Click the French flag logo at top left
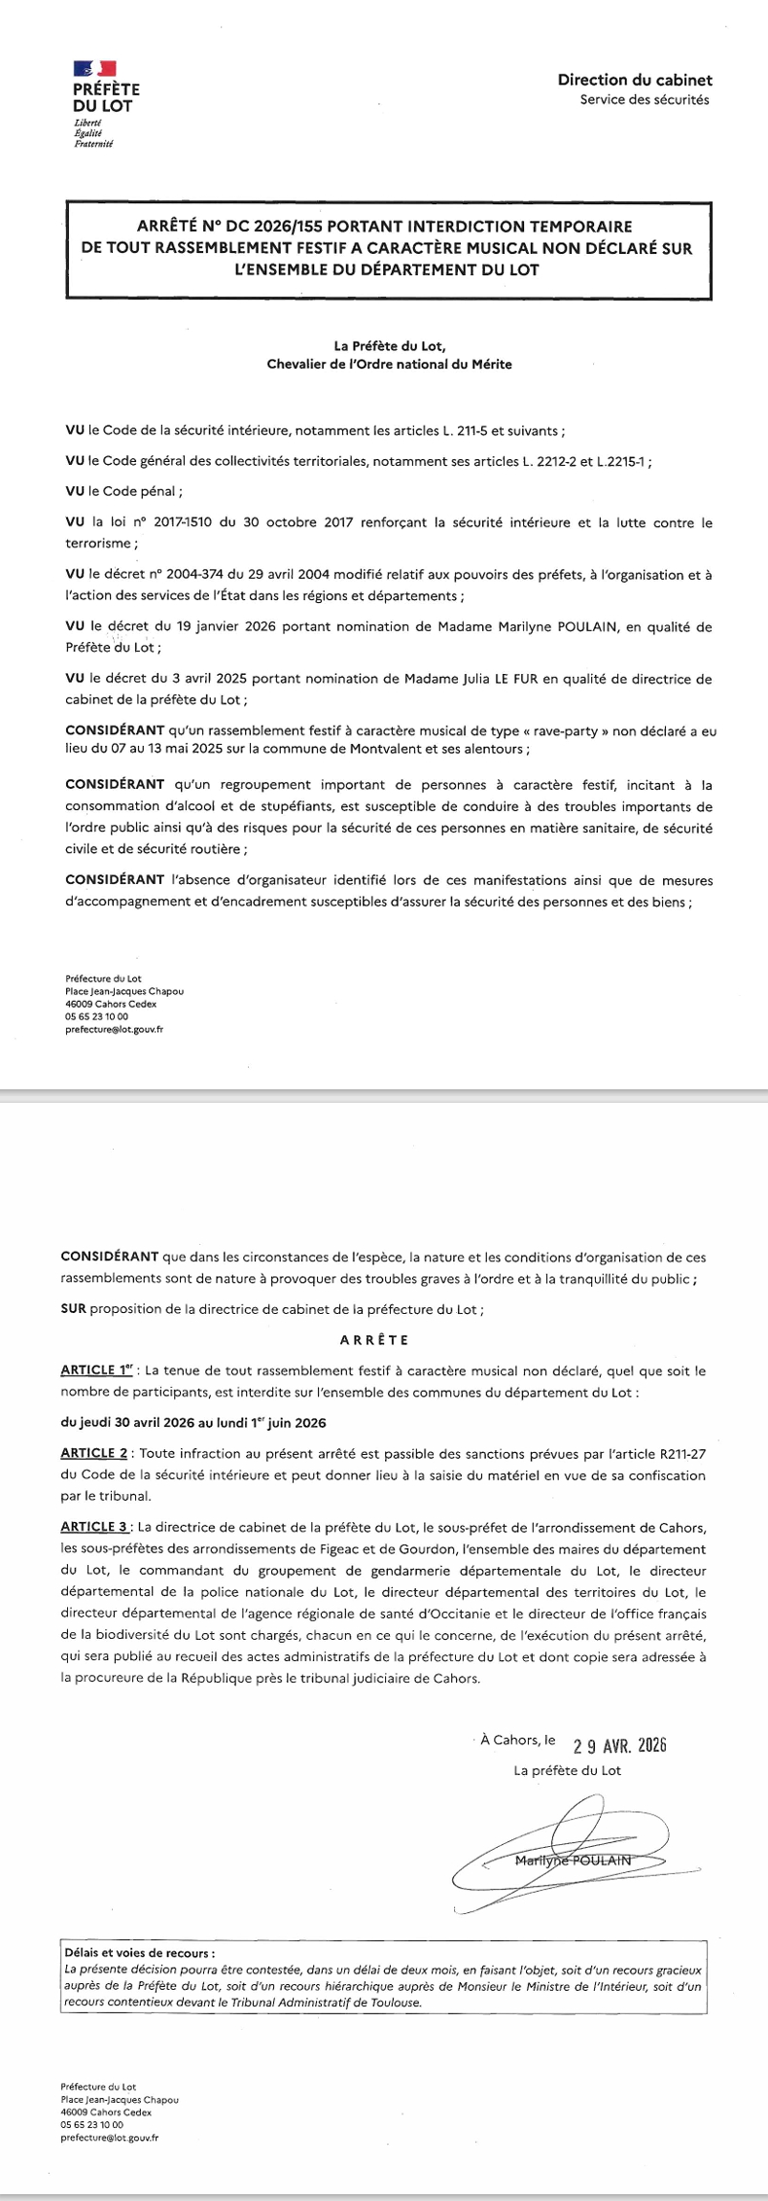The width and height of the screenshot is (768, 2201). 95,68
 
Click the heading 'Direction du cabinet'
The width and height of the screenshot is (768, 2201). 635,81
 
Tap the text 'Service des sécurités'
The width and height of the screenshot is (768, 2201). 645,99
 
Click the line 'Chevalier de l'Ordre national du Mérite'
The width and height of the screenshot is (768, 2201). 389,365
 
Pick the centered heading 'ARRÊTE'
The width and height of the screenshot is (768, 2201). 374,1340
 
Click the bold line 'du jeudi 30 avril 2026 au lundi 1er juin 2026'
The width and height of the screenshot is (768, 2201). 192,1423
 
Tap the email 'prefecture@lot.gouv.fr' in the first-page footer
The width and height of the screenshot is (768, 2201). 114,1029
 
